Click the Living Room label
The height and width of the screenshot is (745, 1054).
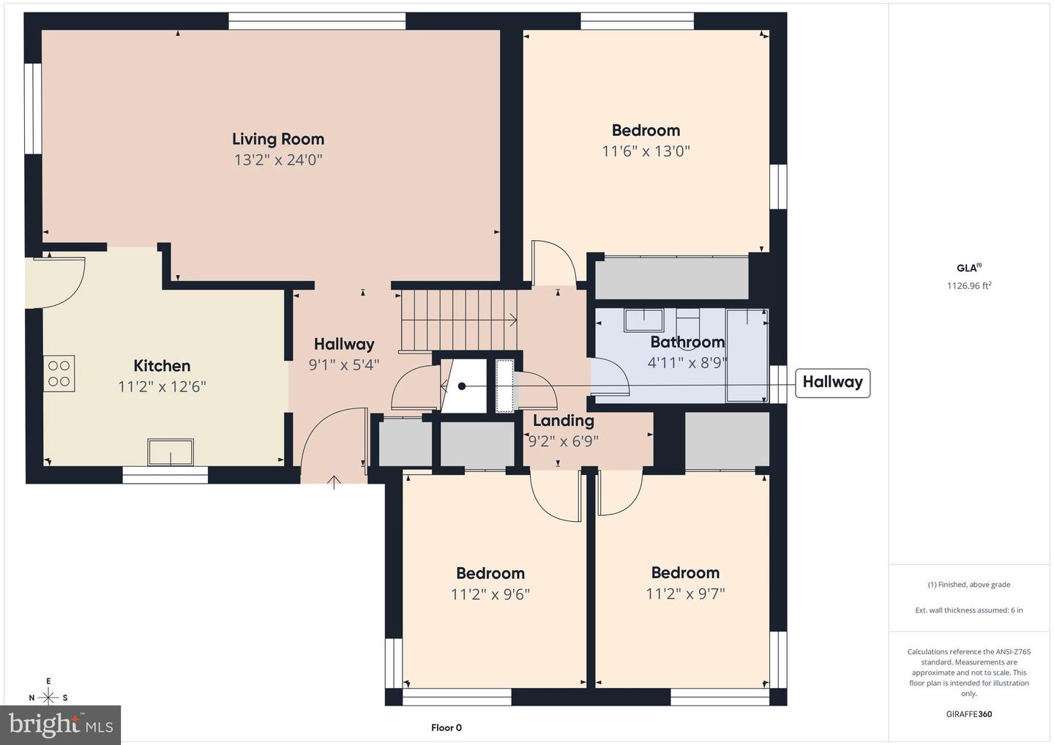click(x=278, y=139)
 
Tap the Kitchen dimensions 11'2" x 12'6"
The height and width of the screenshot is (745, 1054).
click(x=162, y=386)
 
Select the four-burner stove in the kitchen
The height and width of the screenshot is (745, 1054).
click(x=59, y=373)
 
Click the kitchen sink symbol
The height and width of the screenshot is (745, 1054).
click(x=171, y=452)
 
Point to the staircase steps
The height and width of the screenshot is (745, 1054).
click(x=458, y=321)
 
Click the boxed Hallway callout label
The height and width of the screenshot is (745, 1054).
click(x=832, y=382)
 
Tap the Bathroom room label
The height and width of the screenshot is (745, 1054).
click(x=687, y=342)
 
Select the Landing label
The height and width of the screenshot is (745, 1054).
click(x=564, y=421)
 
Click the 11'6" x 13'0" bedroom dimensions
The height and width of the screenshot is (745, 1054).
click(x=646, y=151)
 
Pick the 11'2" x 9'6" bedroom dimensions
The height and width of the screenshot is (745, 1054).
click(x=490, y=594)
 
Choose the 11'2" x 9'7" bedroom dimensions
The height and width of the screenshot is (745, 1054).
click(x=686, y=594)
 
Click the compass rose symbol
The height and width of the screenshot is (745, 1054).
click(x=48, y=697)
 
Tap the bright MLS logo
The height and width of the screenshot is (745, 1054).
click(x=60, y=725)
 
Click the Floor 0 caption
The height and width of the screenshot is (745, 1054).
click(x=446, y=727)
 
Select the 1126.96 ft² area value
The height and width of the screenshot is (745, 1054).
click(x=969, y=285)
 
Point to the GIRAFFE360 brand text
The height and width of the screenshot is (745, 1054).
click(x=969, y=714)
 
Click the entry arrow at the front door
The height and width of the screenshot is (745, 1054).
click(x=334, y=482)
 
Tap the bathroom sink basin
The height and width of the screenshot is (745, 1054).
click(x=643, y=321)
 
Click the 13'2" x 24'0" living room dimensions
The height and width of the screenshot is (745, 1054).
click(x=278, y=160)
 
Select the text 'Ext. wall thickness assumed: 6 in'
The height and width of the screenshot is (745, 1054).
click(x=969, y=610)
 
